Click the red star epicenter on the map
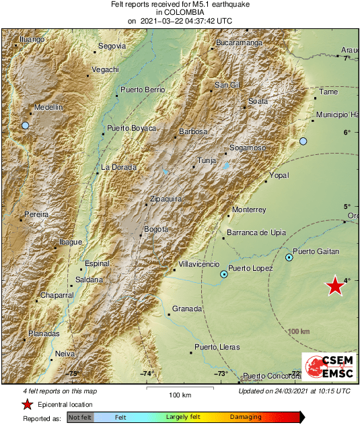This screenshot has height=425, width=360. [335, 286]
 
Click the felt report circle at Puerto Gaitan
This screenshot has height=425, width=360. [289, 257]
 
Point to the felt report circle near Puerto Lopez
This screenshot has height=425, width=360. [224, 274]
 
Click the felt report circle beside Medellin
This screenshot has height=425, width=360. [26, 126]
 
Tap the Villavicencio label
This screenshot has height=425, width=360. [200, 265]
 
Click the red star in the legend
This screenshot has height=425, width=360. [27, 404]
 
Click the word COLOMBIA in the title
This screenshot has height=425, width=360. [180, 12]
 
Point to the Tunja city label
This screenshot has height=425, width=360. [205, 162]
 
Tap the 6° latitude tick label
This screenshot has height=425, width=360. [348, 132]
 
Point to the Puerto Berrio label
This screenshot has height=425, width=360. [143, 90]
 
